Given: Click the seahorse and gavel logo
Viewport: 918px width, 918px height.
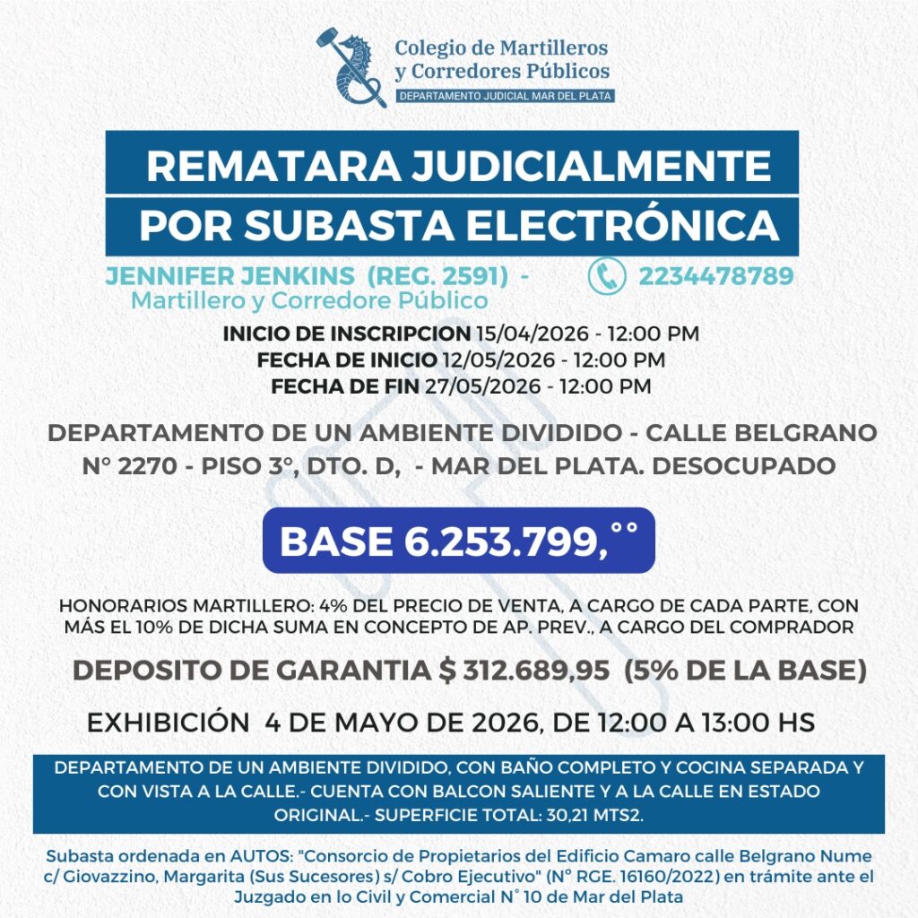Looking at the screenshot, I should [351, 66].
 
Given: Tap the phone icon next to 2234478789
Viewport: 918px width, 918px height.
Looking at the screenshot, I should [607, 276].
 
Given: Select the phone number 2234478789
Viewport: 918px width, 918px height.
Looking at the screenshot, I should [715, 276].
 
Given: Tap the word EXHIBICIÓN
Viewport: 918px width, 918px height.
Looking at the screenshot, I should [167, 723].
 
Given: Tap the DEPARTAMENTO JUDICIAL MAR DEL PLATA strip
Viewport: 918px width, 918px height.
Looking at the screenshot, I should [505, 95].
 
